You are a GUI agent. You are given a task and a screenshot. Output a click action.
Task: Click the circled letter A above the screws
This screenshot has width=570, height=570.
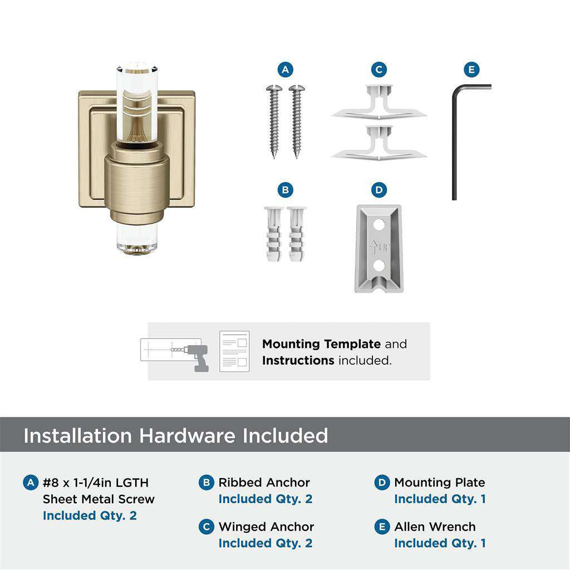click(286, 70)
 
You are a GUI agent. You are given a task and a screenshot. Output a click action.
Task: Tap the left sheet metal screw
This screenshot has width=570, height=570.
click(274, 120)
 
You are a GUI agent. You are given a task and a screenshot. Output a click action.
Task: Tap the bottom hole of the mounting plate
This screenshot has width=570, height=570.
click(379, 266)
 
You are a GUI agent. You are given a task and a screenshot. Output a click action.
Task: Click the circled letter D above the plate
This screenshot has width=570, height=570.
click(379, 190)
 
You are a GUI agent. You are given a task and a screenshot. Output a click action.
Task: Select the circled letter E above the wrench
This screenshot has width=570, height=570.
click(471, 70)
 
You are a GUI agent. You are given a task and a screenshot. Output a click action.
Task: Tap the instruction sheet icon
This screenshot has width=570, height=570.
click(234, 351)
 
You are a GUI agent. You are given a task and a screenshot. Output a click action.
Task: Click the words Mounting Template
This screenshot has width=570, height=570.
click(321, 344)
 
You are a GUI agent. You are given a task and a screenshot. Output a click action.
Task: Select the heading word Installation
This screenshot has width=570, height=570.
click(77, 435)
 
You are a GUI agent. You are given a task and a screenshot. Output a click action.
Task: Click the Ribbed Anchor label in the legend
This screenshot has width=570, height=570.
click(264, 483)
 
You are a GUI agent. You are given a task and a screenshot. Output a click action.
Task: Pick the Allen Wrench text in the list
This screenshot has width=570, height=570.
click(435, 527)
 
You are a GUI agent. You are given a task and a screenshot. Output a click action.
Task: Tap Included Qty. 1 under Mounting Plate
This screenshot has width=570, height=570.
click(440, 499)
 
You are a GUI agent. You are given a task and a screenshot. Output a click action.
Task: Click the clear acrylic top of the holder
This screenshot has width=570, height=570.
click(136, 100)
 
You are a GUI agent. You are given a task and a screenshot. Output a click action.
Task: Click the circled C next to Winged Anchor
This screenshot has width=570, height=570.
click(207, 527)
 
